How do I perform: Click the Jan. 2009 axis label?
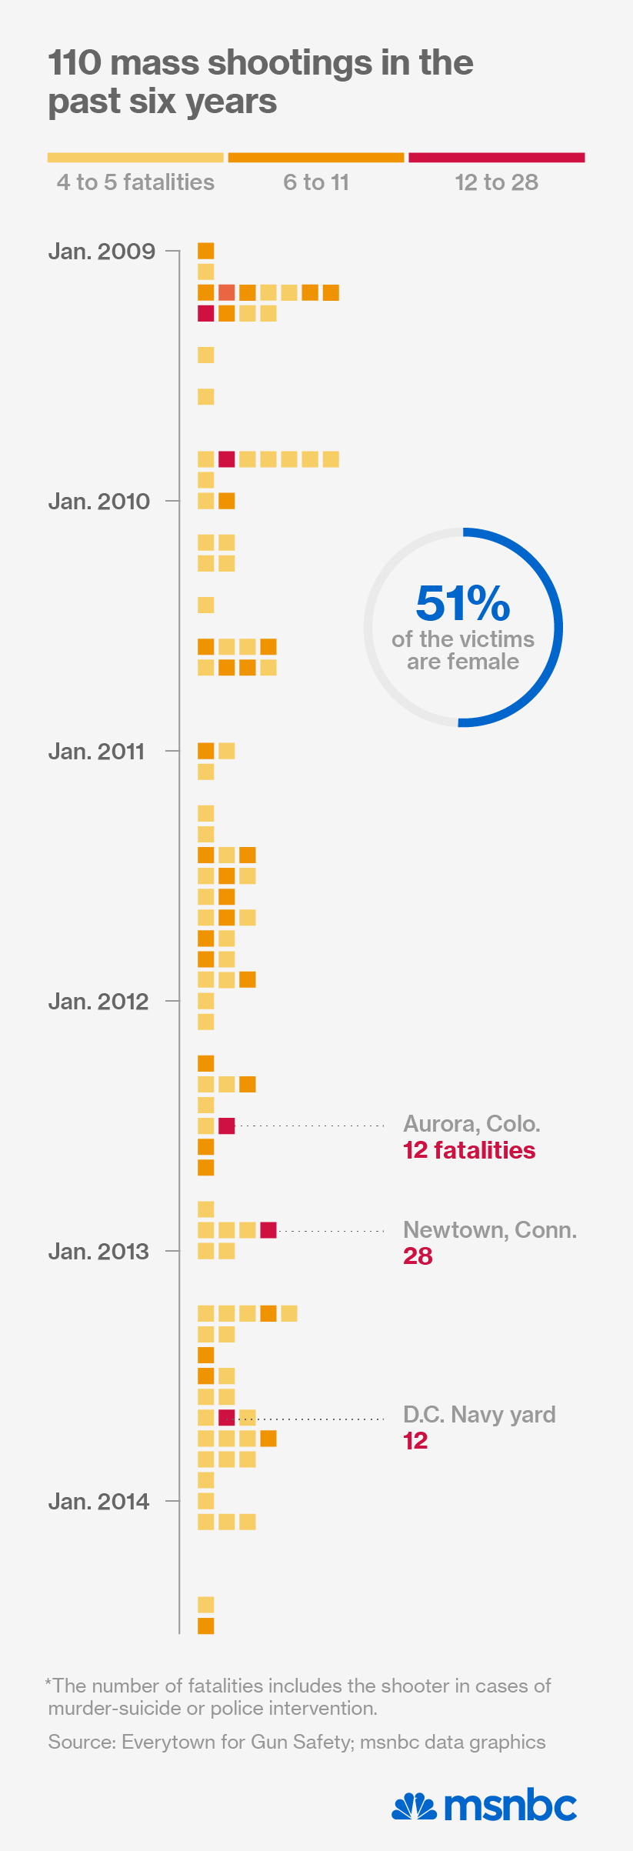coord(102,252)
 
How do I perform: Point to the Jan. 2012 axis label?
coord(98,1002)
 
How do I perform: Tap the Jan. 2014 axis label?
coord(98,1501)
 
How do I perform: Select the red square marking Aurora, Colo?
coord(226,1126)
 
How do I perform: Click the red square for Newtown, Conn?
coord(268,1230)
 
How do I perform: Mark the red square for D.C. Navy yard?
coord(226,1417)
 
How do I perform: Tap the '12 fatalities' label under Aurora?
coord(469,1150)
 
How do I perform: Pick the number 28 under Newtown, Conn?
coord(418,1256)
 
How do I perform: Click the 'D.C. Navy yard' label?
coord(479,1414)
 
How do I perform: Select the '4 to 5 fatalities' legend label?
coord(135,182)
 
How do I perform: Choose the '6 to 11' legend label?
coord(316,182)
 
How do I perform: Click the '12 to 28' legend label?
coord(496,182)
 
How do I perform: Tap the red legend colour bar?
coord(496,158)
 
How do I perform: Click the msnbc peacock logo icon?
coord(415,1806)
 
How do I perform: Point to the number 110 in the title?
coord(75,63)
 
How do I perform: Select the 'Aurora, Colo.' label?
coord(471,1124)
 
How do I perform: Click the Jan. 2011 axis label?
coord(96,752)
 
